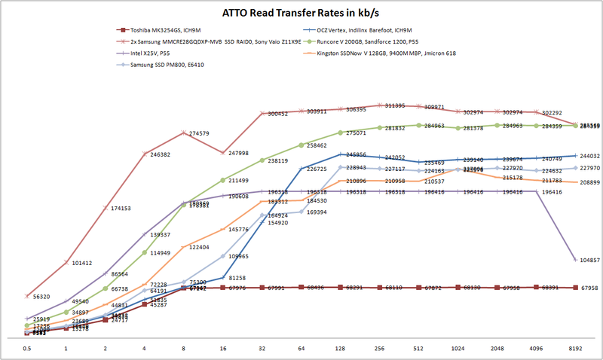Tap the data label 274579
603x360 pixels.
(199, 133)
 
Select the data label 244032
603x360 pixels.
(590, 156)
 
